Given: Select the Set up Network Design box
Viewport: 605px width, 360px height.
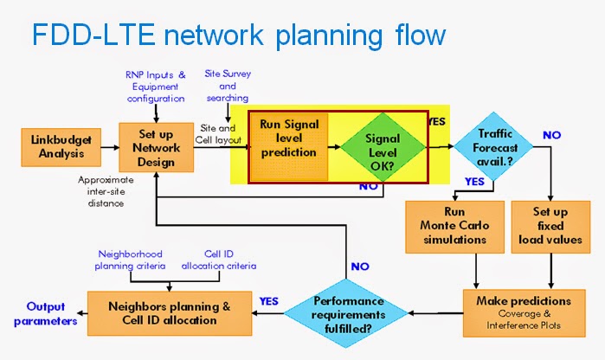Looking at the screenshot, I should pyautogui.click(x=157, y=148).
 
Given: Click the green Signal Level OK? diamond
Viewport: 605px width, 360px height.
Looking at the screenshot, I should pyautogui.click(x=383, y=147).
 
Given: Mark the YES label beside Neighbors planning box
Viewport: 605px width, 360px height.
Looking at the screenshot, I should pyautogui.click(x=269, y=301).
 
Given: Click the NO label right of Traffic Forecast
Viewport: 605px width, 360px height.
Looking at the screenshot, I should pyautogui.click(x=552, y=136).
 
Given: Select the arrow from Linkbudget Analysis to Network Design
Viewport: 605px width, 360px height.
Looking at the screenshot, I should pyautogui.click(x=107, y=148).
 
